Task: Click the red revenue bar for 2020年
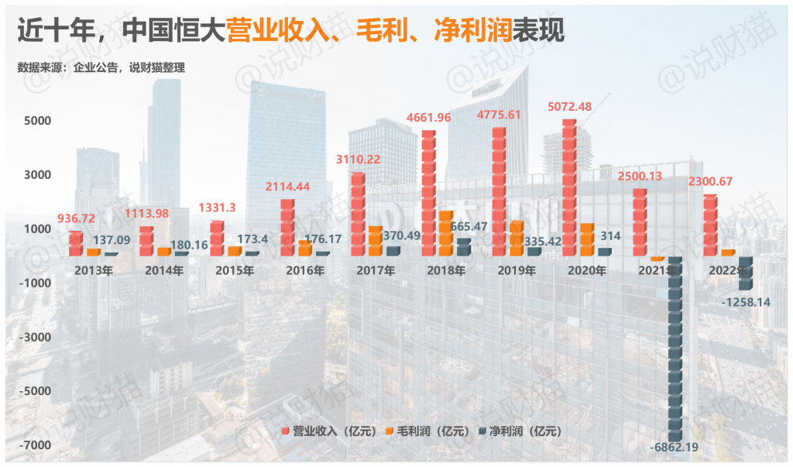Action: (569, 187)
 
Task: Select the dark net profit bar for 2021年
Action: (675, 349)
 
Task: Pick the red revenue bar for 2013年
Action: (75, 244)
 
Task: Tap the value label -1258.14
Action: (745, 302)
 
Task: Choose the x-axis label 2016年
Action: (305, 271)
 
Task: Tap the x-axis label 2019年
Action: (516, 271)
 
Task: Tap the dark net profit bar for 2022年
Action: (745, 273)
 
